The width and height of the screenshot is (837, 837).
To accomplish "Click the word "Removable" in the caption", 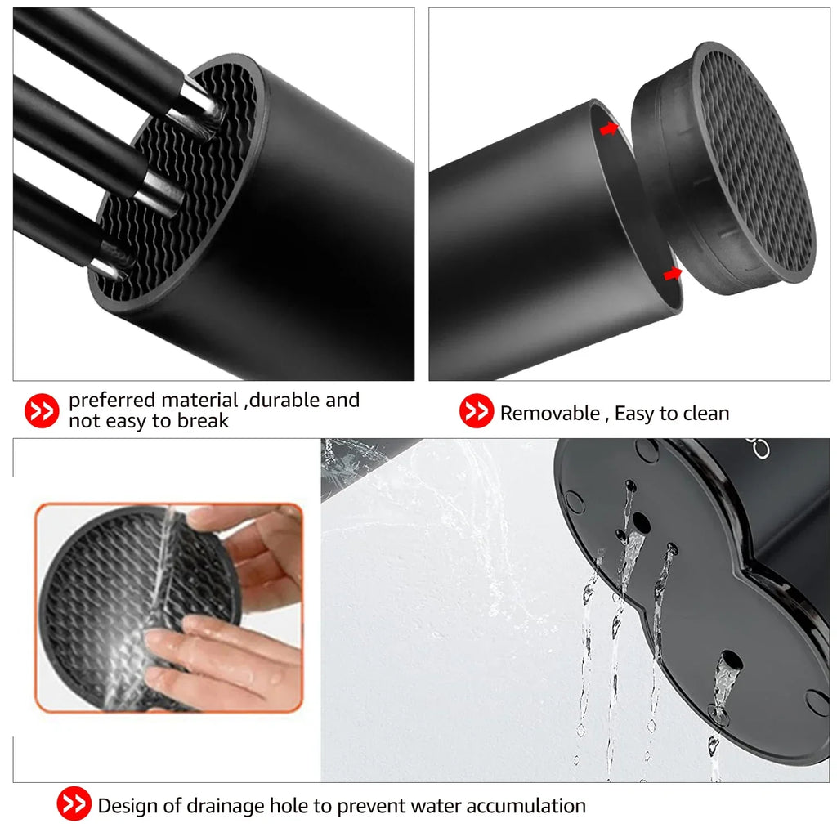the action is click(550, 414).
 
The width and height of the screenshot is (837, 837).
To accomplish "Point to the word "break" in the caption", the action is click(203, 421).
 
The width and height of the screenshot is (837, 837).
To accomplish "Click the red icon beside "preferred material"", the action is click(42, 410).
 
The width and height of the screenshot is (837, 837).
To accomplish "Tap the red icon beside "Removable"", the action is click(477, 410).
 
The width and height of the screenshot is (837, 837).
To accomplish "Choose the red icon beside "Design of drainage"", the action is click(74, 803).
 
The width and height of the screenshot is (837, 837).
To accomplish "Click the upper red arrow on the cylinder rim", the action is click(608, 128).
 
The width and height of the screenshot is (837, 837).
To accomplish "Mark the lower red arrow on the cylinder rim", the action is click(673, 274).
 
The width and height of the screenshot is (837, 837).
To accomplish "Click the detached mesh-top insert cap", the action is click(723, 171).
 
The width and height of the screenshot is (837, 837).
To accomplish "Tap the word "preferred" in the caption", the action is click(111, 401).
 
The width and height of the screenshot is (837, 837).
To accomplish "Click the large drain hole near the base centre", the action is click(641, 523).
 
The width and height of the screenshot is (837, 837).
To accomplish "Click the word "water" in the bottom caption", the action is click(432, 805).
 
